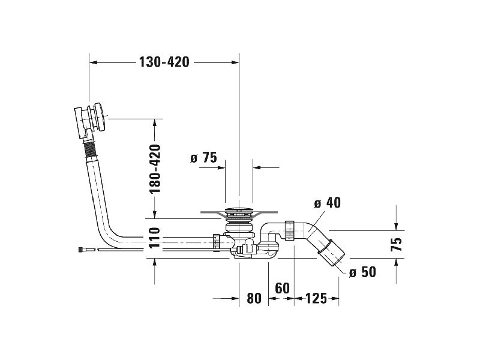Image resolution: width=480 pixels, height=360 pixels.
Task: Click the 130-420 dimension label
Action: (164, 62)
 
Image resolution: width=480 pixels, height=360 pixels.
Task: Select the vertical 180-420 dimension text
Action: (155, 169)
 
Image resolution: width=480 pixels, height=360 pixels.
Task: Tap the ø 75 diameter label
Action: (203, 158)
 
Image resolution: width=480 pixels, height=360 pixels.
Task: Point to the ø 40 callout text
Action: (327, 203)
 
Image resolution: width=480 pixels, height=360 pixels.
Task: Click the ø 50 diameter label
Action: (362, 272)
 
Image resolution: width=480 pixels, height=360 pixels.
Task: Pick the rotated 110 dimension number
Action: (155, 238)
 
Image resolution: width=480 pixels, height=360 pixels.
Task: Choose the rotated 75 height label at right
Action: (397, 244)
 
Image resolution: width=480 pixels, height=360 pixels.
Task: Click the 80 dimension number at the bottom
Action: (254, 298)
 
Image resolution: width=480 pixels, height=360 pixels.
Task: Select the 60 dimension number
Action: (282, 288)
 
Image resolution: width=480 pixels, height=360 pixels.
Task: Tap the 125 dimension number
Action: (316, 298)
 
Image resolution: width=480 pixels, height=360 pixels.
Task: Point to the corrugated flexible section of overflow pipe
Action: (91, 149)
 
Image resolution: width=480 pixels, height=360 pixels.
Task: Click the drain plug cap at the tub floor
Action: (239, 211)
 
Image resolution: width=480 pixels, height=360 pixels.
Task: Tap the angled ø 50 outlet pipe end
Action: (332, 254)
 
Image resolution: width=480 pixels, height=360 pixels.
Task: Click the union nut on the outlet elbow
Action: (290, 230)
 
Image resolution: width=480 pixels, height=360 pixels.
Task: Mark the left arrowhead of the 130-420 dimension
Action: (93, 62)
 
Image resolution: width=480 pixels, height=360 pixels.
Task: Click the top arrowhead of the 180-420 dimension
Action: (155, 122)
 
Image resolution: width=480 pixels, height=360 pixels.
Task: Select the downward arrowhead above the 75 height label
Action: (396, 226)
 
